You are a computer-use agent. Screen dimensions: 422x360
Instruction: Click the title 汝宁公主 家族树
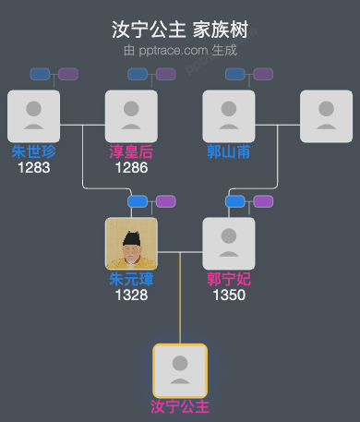coord(180,30)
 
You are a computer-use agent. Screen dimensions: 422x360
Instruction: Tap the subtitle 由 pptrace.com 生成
coord(180,50)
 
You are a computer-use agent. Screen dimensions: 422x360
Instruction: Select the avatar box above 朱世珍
coord(33,115)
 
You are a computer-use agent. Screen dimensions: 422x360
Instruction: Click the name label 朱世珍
coord(33,151)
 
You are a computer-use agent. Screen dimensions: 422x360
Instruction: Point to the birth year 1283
coord(33,167)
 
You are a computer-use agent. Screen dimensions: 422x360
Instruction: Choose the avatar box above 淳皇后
coord(131,115)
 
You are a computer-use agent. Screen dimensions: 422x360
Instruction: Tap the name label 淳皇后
coord(131,151)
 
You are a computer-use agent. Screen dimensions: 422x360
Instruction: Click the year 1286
coord(131,167)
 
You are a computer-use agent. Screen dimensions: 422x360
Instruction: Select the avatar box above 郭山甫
coord(229,115)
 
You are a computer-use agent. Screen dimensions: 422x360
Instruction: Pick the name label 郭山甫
coord(229,151)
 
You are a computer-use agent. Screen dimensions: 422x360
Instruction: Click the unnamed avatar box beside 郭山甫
coord(327,115)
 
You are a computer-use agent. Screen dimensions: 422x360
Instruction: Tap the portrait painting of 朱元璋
coord(131,243)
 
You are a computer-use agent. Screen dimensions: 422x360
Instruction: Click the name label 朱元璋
coord(131,279)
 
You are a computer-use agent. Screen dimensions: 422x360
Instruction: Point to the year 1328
coord(131,295)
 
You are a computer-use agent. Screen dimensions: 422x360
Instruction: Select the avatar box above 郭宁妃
coord(229,243)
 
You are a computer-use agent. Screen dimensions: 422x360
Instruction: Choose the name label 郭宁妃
coord(229,279)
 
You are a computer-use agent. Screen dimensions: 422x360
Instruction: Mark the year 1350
coord(229,295)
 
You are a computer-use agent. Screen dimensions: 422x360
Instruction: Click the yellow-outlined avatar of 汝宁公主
coord(180,370)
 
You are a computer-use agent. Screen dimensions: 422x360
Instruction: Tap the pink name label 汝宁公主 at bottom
coord(180,406)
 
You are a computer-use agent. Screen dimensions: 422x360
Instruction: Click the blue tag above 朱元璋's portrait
coord(138,201)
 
